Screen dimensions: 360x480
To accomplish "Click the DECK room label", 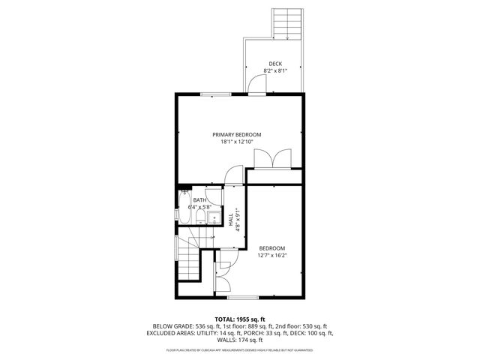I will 275,64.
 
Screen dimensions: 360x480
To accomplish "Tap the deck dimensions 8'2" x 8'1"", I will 275,70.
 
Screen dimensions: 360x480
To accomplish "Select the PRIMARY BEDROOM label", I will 241,134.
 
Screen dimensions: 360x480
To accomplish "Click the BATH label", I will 199,200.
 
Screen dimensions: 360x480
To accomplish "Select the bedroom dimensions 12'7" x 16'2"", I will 272,255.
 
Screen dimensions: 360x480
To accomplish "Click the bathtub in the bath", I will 184,211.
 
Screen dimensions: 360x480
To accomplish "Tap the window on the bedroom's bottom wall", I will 238,298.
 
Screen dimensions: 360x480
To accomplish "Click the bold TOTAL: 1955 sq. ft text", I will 240,319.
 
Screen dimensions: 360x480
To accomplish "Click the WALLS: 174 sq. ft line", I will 240,339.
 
